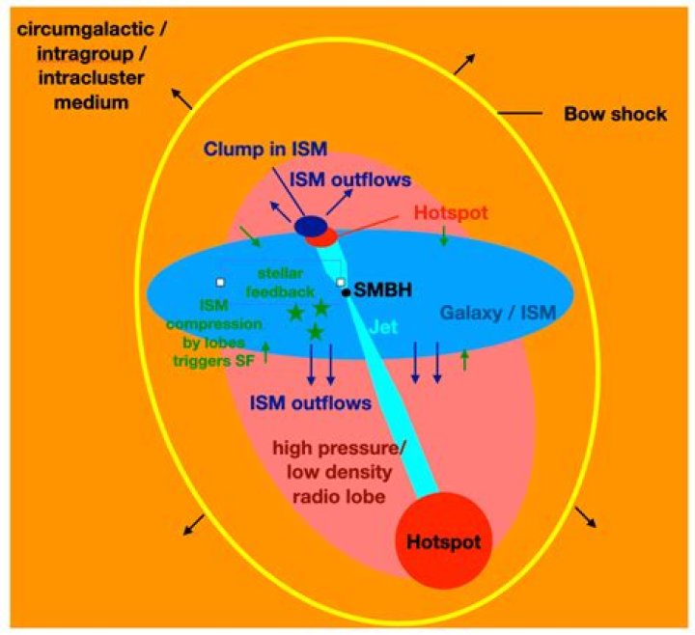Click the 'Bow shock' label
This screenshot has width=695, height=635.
pos(615,115)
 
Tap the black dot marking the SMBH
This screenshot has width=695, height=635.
pos(346,291)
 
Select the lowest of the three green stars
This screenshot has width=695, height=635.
pos(315,332)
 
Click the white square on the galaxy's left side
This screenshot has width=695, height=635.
pos(220,282)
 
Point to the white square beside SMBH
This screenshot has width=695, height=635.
pos(341,282)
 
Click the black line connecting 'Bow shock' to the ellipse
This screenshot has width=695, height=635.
pos(517,115)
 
